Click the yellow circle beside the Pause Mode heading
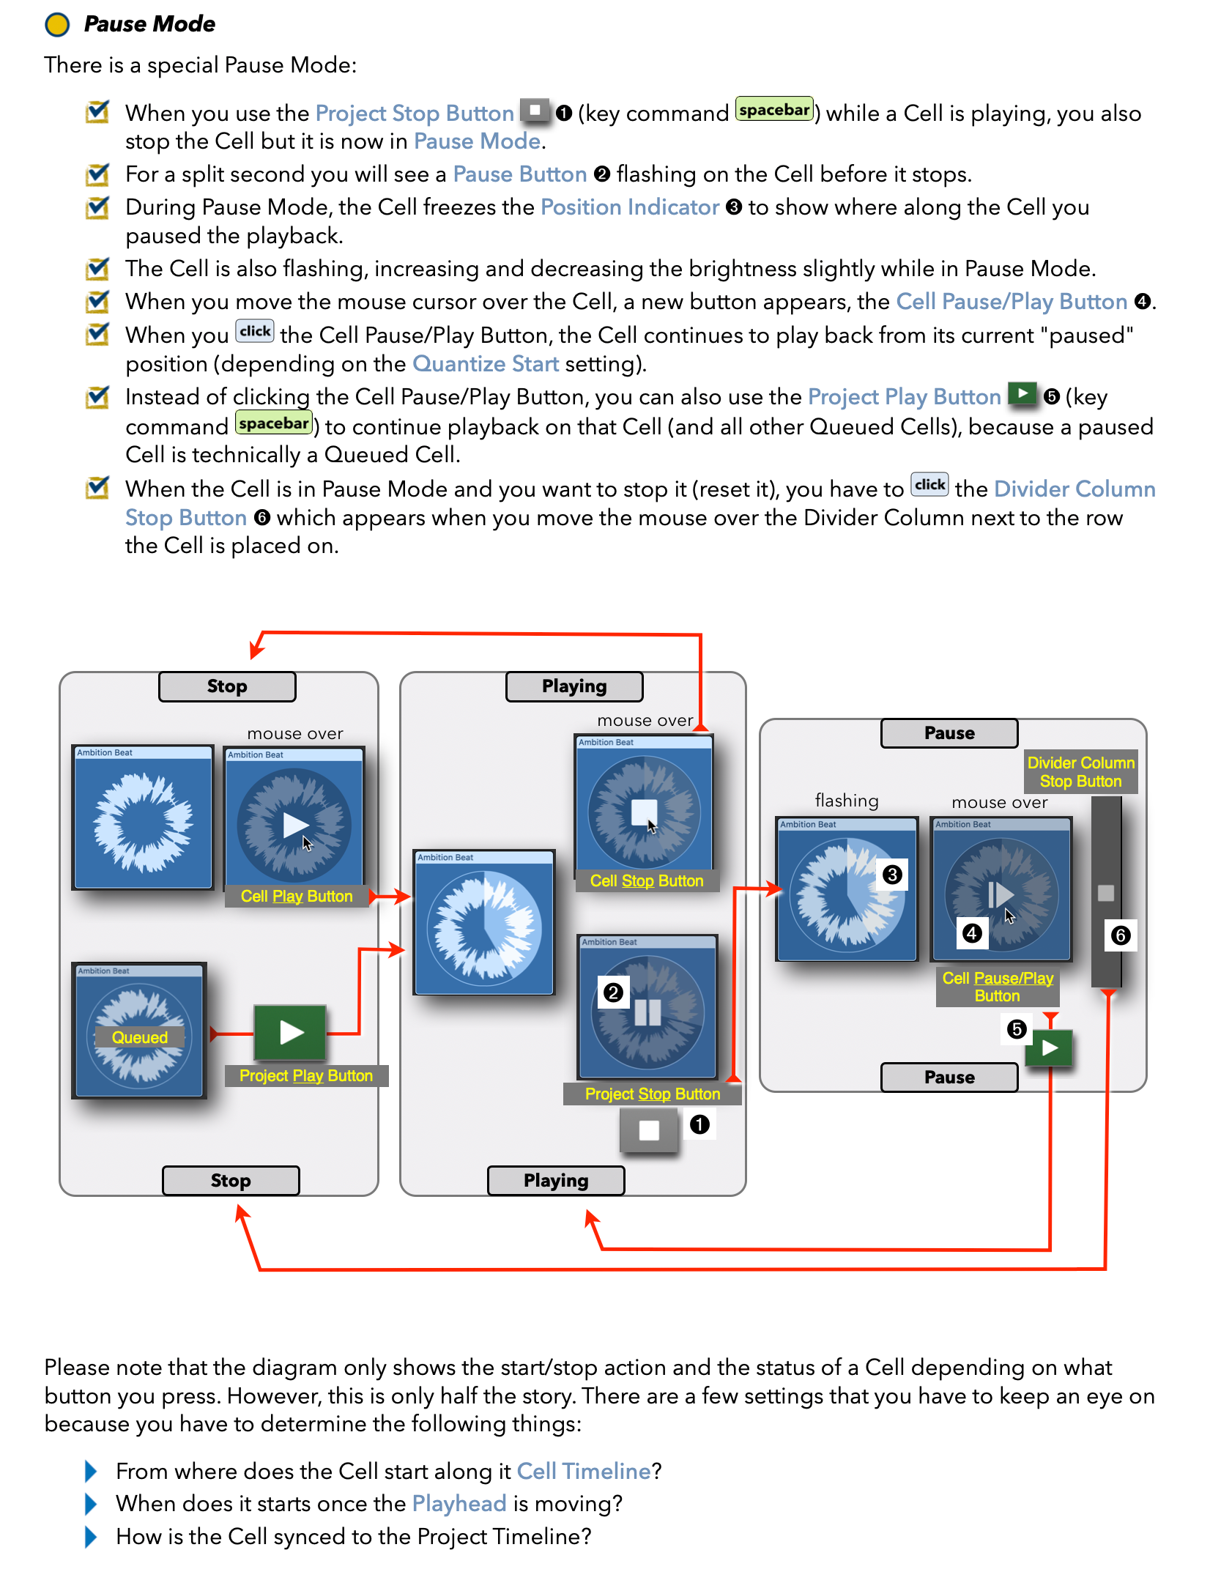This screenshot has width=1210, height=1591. pos(57,24)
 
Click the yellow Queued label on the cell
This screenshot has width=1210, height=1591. pos(140,1037)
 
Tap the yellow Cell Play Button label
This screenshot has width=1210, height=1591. pos(297,896)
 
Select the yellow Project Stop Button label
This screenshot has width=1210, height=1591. pos(653,1094)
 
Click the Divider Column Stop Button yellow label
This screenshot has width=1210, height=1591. pos(1080,772)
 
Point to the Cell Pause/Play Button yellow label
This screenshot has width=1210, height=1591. pos(998,987)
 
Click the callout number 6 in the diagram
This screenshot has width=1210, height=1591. pos(1121,935)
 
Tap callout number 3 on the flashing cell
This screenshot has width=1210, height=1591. pos(892,875)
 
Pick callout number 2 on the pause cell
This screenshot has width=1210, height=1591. pos(613,993)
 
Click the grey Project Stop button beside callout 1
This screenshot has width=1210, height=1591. pos(649,1130)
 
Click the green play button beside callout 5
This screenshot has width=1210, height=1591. pos(1050,1048)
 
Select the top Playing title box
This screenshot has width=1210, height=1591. pos(574,686)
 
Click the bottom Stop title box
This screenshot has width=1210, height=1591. pos(231,1180)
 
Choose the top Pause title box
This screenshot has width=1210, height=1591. pos(949,733)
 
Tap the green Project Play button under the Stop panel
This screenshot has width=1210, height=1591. pos(291,1033)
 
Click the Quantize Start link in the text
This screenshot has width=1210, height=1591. pos(486,364)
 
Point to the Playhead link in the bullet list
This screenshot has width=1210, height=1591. pos(459,1504)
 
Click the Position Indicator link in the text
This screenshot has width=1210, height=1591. pos(630,207)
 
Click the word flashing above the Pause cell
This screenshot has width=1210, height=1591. pos(847,801)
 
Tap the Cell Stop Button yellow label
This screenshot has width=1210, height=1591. pos(647,880)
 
